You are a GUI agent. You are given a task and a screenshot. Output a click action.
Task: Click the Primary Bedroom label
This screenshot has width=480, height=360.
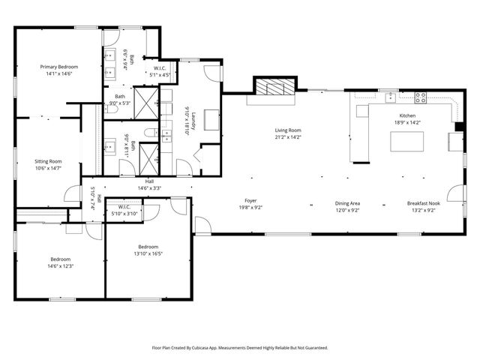tap(58, 67)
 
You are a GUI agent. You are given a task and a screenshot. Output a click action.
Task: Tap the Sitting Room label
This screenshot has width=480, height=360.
tap(48, 161)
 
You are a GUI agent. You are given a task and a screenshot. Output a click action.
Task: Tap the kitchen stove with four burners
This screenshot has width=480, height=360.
tap(420, 97)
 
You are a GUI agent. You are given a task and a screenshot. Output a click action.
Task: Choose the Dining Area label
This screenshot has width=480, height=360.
tap(347, 202)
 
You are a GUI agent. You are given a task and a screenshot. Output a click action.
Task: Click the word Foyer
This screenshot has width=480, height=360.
tap(250, 200)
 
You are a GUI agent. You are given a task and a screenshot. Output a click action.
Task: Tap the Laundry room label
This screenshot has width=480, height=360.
tap(193, 119)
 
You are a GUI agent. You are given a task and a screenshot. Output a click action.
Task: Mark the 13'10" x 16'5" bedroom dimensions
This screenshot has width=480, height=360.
tap(148, 253)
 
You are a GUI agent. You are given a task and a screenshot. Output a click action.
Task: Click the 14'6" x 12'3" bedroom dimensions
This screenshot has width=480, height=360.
tap(60, 265)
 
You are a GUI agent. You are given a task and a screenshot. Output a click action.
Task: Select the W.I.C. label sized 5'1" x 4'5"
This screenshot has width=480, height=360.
tap(160, 75)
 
